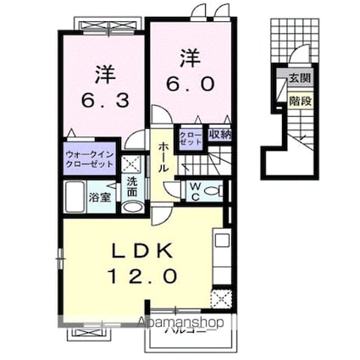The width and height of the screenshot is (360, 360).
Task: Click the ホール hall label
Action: tap(163, 158)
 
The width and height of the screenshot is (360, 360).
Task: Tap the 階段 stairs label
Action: tap(300, 98)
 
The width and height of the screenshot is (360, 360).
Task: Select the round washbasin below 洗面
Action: tap(132, 206)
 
